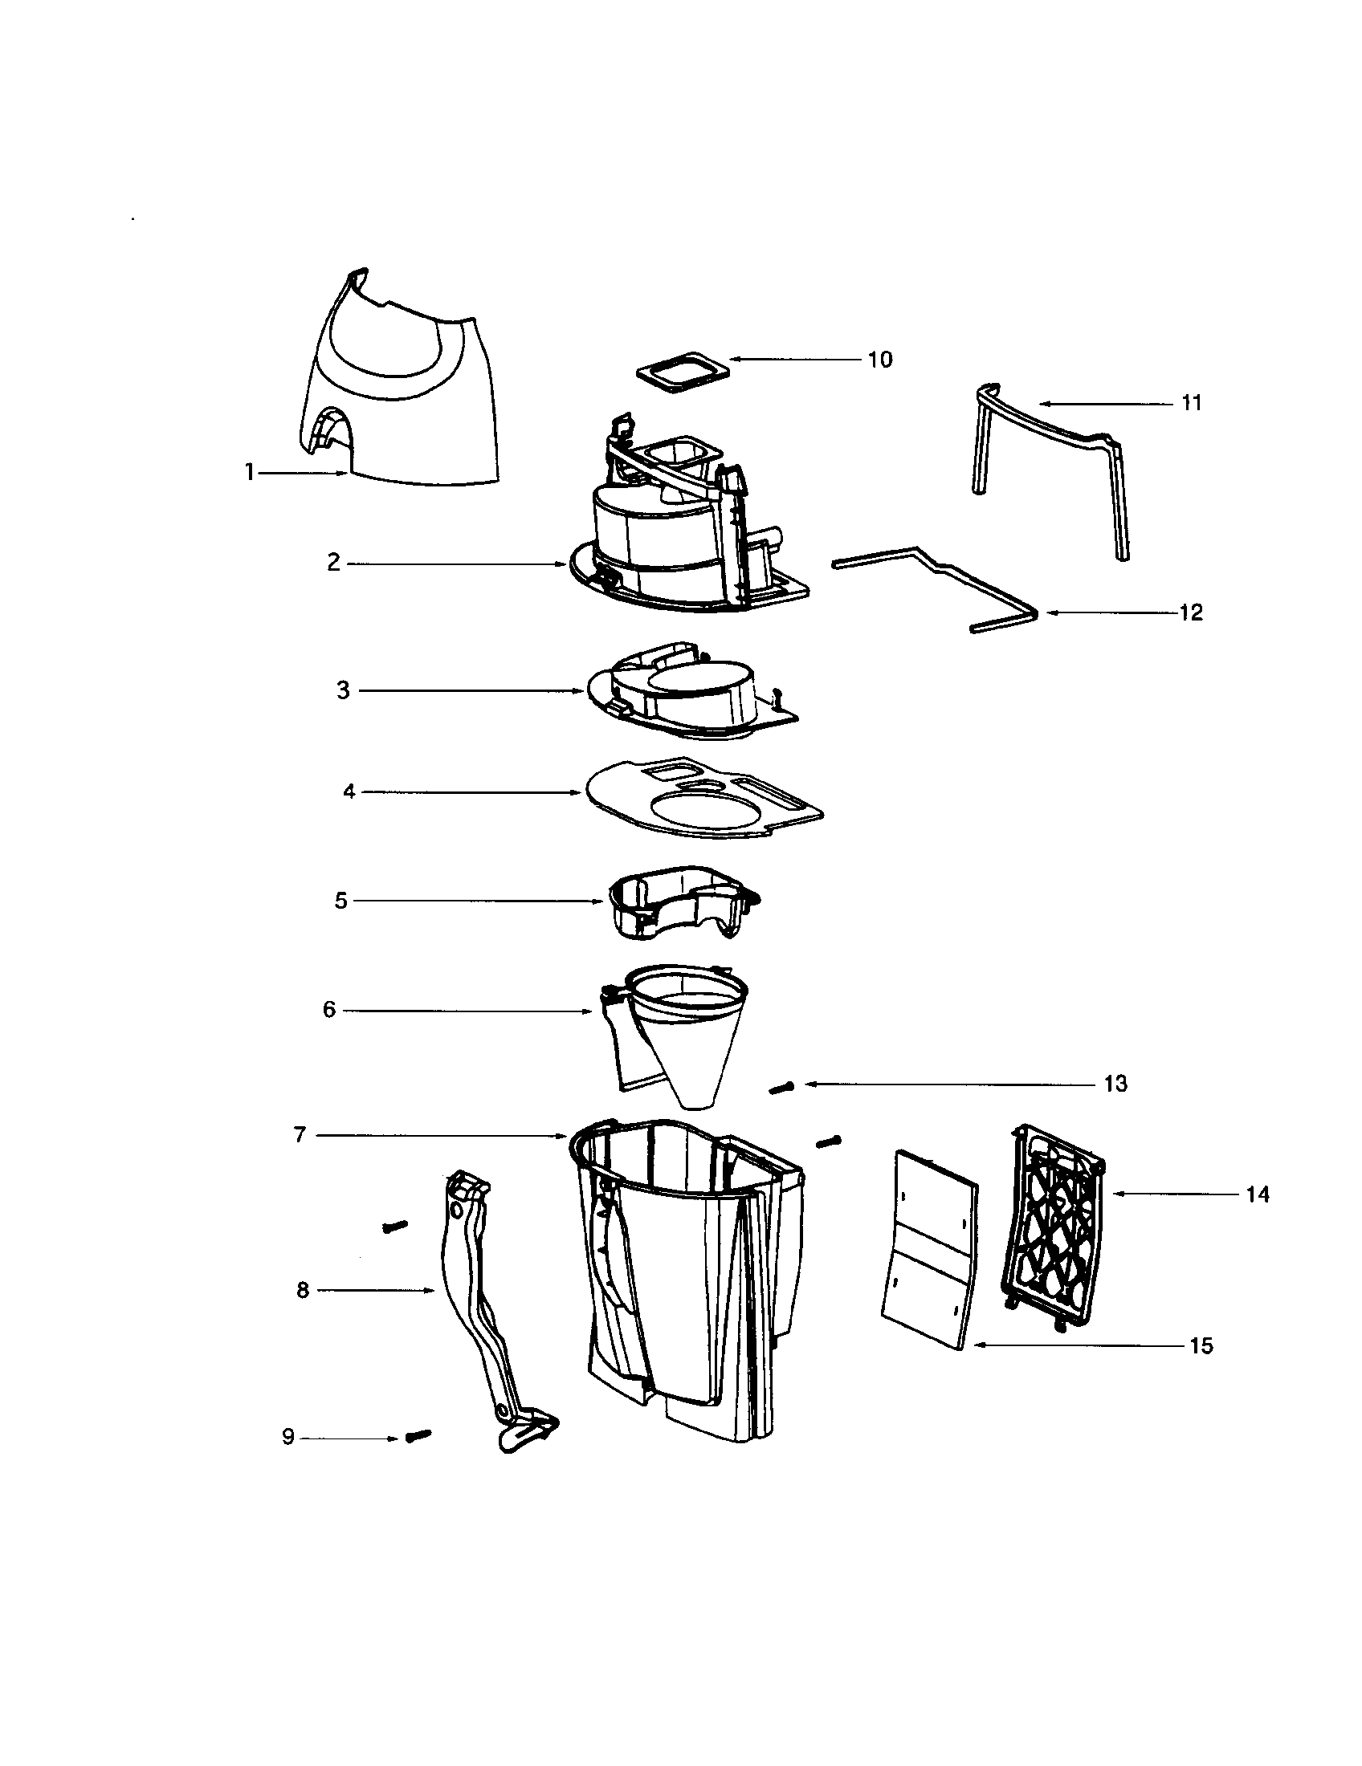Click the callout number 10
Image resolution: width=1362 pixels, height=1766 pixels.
pos(880,360)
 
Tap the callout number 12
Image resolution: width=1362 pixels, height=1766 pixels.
pos(1191,613)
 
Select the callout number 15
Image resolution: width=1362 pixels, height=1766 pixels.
pos(1201,1345)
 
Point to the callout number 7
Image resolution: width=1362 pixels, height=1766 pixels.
pos(300,1134)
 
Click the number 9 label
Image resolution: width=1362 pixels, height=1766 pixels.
pos(288,1437)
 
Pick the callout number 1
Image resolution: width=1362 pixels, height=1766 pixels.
pos(250,472)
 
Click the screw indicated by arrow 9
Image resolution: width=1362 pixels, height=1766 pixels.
pos(418,1435)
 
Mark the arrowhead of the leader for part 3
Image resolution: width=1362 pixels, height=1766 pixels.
pos(580,691)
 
